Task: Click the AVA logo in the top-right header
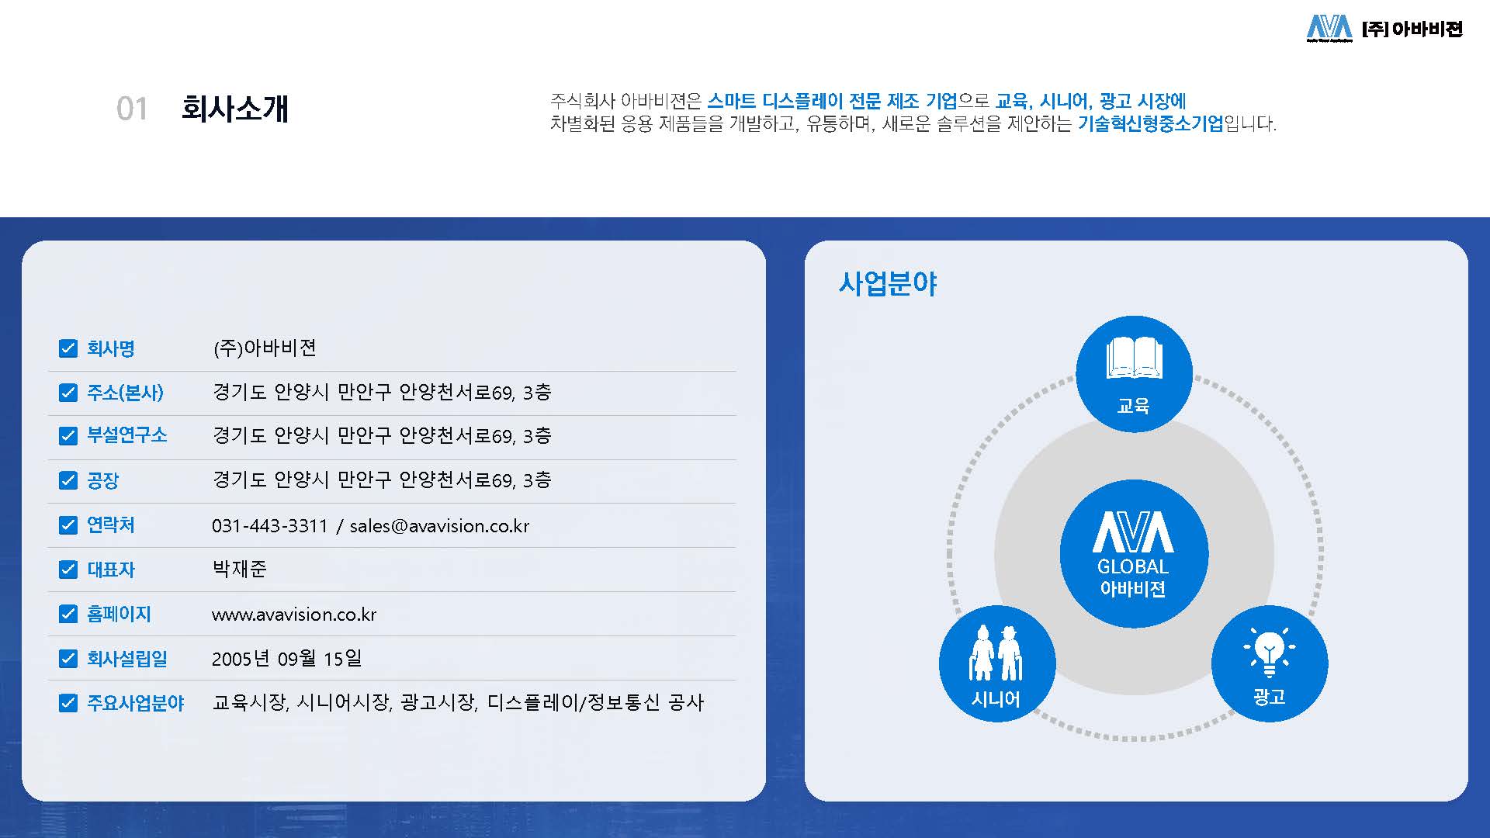tap(1329, 28)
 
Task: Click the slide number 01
tap(132, 109)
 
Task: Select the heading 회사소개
tap(235, 109)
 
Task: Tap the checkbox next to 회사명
tap(68, 348)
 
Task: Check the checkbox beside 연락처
tap(68, 525)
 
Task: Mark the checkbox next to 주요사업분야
tap(68, 703)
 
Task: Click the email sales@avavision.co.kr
tap(439, 526)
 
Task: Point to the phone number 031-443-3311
tap(270, 526)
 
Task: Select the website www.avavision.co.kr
tap(294, 615)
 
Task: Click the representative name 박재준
tap(240, 570)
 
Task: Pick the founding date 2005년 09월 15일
tap(287, 659)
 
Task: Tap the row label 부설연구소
tap(127, 435)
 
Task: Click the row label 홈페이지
tap(119, 615)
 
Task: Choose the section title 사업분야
tap(888, 284)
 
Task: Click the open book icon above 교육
tap(1135, 358)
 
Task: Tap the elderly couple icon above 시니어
tap(997, 653)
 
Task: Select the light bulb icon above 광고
tap(1270, 652)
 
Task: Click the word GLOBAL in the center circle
tap(1133, 566)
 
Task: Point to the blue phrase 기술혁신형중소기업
tap(1151, 123)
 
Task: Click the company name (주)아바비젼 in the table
tap(265, 348)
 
